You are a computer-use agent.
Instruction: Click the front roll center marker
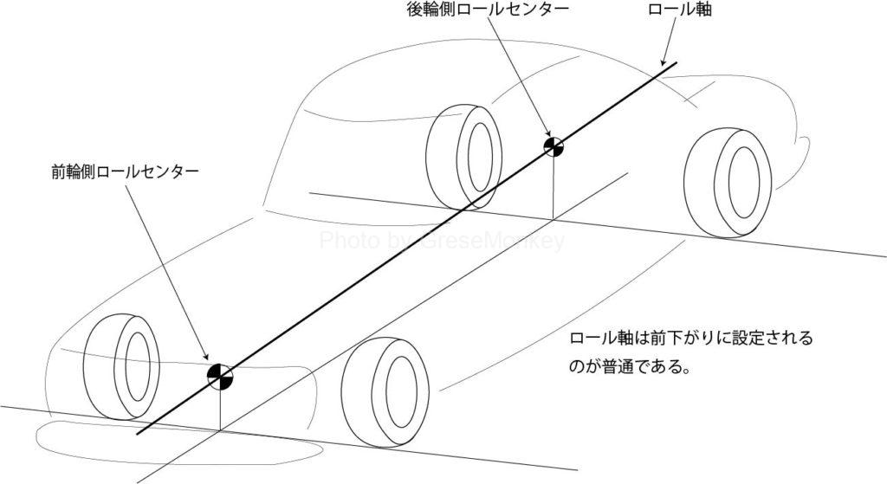click(220, 374)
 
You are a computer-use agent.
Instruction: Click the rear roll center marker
click(554, 146)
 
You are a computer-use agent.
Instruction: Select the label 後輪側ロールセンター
click(489, 11)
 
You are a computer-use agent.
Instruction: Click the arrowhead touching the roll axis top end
click(664, 63)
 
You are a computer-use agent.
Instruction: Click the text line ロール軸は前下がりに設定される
click(691, 339)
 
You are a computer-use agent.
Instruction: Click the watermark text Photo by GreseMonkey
click(442, 241)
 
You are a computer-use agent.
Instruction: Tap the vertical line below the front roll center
click(221, 407)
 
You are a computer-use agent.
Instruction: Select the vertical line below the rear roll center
click(554, 186)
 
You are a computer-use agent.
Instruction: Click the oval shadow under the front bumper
click(173, 442)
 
